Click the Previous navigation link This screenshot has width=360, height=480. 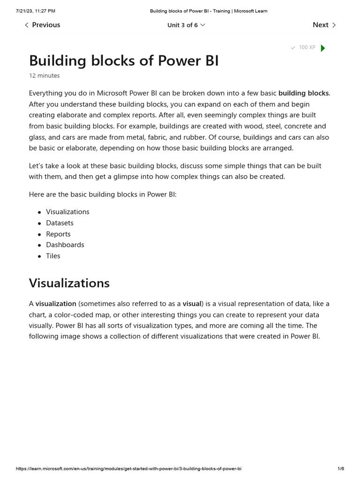pyautogui.click(x=42, y=25)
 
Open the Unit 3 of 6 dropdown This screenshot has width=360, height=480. pyautogui.click(x=186, y=25)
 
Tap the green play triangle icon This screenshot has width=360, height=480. pyautogui.click(x=322, y=48)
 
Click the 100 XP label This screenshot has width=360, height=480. pyautogui.click(x=307, y=47)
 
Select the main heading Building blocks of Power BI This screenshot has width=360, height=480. pyautogui.click(x=124, y=60)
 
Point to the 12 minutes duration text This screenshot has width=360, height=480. pyautogui.click(x=44, y=75)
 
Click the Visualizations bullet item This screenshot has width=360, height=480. pyautogui.click(x=67, y=212)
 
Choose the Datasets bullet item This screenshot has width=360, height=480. pyautogui.click(x=60, y=223)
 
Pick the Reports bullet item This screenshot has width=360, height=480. pyautogui.click(x=58, y=234)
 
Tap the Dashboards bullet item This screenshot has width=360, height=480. pyautogui.click(x=65, y=245)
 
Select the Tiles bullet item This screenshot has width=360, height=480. pyautogui.click(x=53, y=256)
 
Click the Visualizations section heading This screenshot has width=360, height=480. pyautogui.click(x=69, y=283)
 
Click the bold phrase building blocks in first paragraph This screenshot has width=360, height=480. pyautogui.click(x=303, y=93)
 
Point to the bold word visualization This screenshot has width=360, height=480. pyautogui.click(x=56, y=304)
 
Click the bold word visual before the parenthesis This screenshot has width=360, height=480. pyautogui.click(x=192, y=304)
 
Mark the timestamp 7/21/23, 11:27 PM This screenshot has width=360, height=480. pyautogui.click(x=35, y=11)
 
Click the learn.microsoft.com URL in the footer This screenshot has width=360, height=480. pyautogui.click(x=128, y=469)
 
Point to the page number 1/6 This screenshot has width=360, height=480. pyautogui.click(x=340, y=469)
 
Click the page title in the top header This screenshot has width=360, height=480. pyautogui.click(x=209, y=11)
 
